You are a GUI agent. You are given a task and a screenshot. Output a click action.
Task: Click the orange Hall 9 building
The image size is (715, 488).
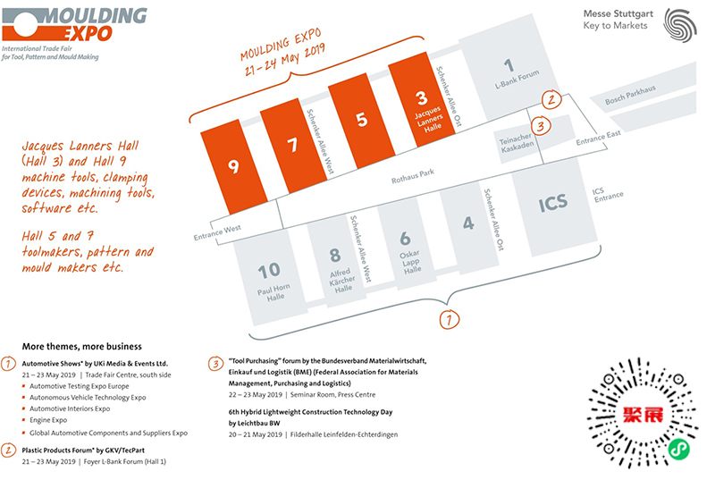tap(234, 166)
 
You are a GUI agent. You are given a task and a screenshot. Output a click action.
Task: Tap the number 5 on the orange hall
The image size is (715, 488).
tap(362, 120)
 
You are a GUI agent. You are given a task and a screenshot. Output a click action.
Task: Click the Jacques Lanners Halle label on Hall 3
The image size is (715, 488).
tap(429, 119)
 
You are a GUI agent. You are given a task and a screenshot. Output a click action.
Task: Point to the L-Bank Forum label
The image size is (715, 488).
tap(517, 80)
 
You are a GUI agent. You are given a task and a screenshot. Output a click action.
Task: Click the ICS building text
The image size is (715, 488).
tap(553, 203)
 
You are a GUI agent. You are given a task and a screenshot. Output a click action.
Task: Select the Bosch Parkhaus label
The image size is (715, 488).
tap(630, 95)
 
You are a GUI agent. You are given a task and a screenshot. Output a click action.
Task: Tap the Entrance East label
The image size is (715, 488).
tap(598, 138)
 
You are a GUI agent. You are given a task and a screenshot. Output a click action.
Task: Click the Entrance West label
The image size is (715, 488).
tap(217, 232)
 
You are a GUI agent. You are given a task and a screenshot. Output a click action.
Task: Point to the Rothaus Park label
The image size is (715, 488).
tap(413, 176)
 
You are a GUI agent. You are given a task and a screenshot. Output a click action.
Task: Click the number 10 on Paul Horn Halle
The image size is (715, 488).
tap(269, 271)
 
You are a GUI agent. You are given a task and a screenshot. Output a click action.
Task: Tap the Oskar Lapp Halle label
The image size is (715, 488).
tap(410, 262)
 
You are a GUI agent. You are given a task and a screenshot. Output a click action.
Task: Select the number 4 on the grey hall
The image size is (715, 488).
tap(468, 223)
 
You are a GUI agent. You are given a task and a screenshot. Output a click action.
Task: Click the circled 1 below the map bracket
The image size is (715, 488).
tap(450, 319)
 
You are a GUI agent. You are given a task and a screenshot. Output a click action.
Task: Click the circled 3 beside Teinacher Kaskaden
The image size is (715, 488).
tap(541, 125)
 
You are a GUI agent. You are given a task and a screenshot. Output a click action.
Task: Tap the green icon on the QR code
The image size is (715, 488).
tap(679, 450)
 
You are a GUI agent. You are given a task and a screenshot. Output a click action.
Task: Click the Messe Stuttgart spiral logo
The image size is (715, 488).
tap(680, 25)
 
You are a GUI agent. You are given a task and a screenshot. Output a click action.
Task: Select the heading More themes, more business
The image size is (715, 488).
tap(82, 347)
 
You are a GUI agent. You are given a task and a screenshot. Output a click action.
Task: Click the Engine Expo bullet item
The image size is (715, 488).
tap(48, 420)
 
